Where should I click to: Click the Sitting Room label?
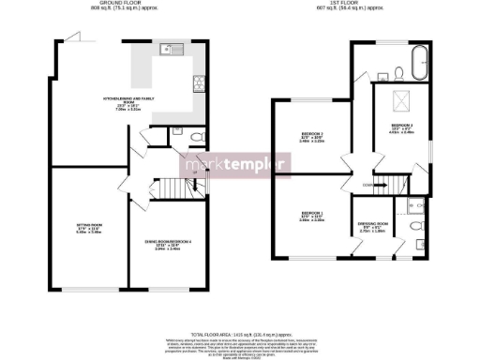click(x=89, y=227)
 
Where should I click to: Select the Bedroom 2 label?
click(x=312, y=138)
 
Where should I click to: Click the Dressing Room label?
click(x=373, y=226)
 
